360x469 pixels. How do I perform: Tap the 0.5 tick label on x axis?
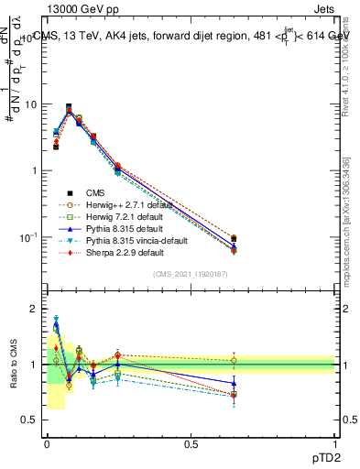pyautogui.click(x=191, y=442)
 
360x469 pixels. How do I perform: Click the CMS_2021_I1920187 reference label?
pyautogui.click(x=191, y=274)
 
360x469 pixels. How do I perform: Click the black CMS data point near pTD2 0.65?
pyautogui.click(x=234, y=238)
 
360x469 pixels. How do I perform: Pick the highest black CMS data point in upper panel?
pyautogui.click(x=69, y=106)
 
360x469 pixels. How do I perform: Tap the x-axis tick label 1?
pyautogui.click(x=335, y=442)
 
